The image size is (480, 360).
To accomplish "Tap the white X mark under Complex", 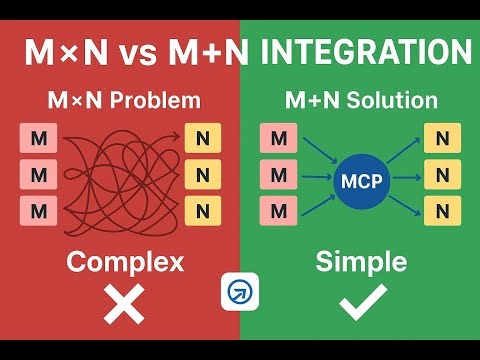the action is (124, 303).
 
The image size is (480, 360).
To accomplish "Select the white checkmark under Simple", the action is (361, 302).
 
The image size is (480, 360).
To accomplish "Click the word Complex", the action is (125, 262).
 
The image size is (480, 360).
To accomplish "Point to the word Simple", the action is (361, 262).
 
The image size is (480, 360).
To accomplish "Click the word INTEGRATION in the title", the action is (366, 52).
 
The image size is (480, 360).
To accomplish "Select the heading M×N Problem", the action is (124, 101).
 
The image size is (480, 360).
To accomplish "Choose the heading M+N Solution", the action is (362, 101).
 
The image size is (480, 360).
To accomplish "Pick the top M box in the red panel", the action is (39, 137).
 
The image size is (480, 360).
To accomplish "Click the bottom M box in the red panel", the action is (39, 211).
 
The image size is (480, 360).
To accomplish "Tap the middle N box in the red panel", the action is (202, 175).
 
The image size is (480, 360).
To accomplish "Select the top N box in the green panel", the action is (440, 137).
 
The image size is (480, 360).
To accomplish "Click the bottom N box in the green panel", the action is (440, 211).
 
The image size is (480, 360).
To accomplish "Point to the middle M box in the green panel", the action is (279, 175).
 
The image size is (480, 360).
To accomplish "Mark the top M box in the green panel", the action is (279, 137).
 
